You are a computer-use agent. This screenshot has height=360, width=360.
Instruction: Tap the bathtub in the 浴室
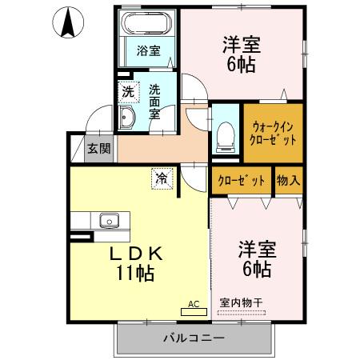click(x=149, y=23)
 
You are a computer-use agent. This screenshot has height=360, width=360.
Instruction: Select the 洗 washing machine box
click(x=128, y=92)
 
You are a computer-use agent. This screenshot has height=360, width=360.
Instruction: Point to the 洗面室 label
click(x=155, y=102)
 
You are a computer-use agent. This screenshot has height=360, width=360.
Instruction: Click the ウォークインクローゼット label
click(x=274, y=132)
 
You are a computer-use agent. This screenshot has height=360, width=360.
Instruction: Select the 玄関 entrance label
click(x=99, y=149)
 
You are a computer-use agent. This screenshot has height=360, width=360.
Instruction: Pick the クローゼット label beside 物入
click(x=242, y=180)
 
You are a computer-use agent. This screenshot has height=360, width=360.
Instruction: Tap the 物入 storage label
click(x=288, y=180)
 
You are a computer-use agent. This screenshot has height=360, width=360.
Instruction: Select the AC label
click(x=193, y=303)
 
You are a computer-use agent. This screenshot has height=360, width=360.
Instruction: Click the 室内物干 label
click(x=241, y=303)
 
